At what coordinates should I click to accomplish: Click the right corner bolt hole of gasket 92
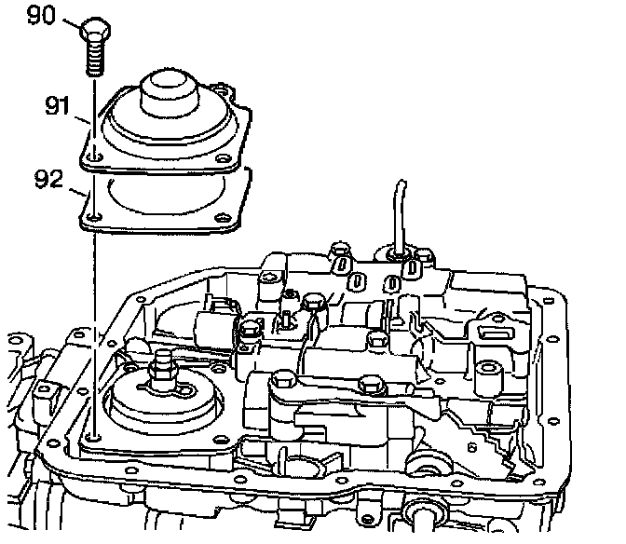click(220, 220)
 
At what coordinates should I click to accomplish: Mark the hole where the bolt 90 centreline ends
click(94, 434)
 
